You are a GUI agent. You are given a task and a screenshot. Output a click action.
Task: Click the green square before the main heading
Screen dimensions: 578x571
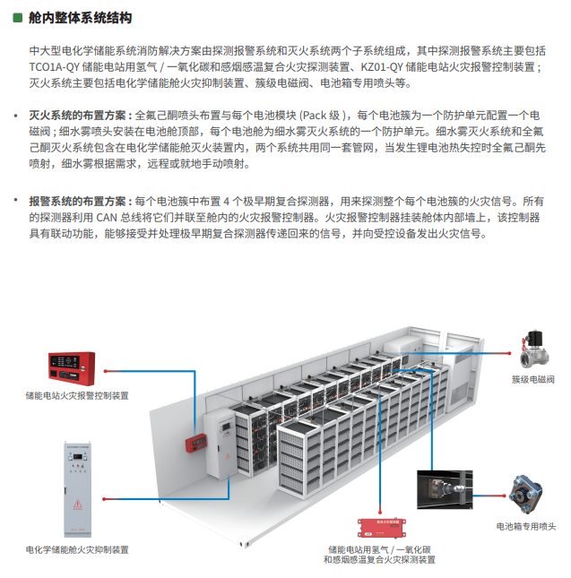coord(18,18)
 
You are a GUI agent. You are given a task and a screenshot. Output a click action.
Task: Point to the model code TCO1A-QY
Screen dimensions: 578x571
coord(53,67)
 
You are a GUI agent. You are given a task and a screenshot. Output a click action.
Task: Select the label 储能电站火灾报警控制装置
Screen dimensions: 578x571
coord(77,394)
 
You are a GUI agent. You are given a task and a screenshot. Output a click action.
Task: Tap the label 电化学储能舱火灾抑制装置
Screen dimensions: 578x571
coord(77,549)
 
